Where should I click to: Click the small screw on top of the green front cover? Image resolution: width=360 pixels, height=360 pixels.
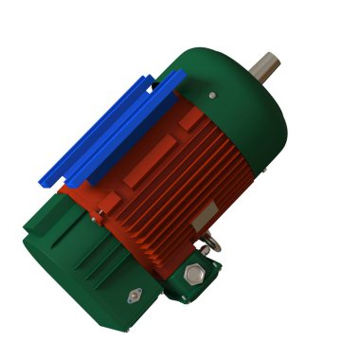click(x=212, y=94)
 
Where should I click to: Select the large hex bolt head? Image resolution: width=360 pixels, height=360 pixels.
click(x=194, y=275)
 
